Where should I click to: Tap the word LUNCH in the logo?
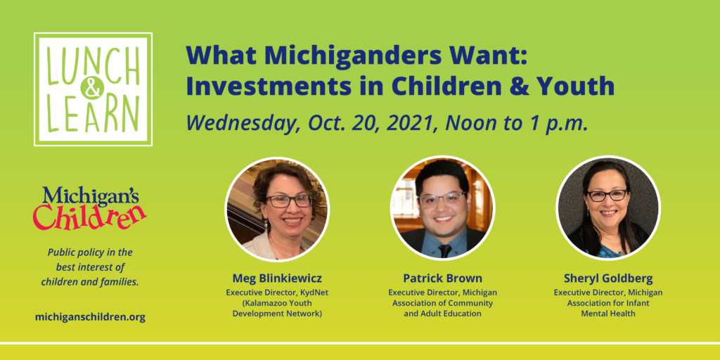coord(93,65)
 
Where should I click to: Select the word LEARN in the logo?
coord(94,113)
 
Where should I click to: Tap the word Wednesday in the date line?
coord(243,123)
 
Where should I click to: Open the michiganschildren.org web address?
coord(90,317)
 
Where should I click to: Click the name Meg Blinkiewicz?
coord(277,278)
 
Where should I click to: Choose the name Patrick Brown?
coord(443,278)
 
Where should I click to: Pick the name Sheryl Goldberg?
coord(608,278)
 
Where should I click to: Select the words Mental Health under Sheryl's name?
coord(608,314)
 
